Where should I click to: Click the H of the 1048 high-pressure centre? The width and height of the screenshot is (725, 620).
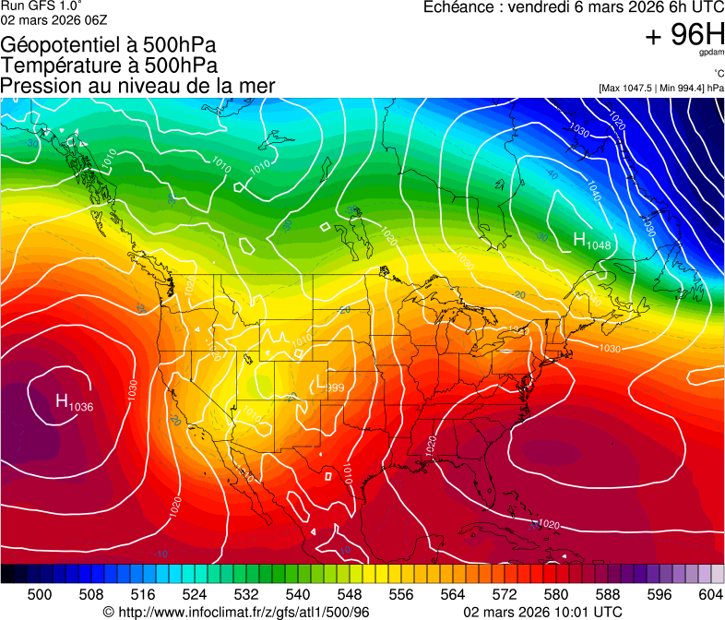[x=581, y=240]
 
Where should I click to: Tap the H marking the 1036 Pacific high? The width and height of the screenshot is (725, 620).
[x=62, y=400]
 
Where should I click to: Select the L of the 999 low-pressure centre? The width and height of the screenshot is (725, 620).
[x=319, y=382]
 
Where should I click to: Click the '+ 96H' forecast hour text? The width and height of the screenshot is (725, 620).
[x=684, y=35]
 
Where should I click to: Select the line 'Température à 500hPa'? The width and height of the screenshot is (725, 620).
[x=109, y=66]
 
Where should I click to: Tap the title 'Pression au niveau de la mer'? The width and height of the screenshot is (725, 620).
[x=137, y=86]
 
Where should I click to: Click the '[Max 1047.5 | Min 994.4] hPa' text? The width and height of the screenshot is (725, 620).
[x=660, y=88]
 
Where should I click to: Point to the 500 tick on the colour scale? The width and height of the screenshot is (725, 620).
[x=40, y=594]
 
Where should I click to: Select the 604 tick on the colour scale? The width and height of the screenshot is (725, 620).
[x=711, y=594]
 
